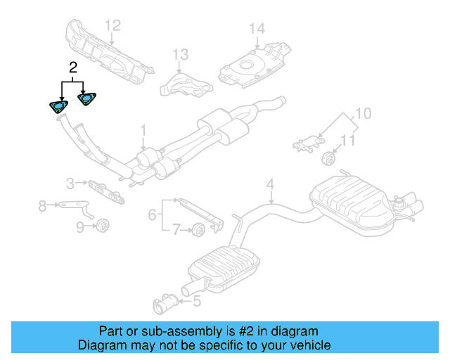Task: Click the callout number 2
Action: coord(72,68)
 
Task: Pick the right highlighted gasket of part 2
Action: coord(86,100)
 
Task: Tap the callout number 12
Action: coord(113,26)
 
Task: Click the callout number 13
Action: coord(181,54)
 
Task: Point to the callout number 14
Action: coord(257,29)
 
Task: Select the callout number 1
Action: coord(143,130)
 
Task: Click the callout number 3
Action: coord(70,184)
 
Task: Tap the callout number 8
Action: coord(42,206)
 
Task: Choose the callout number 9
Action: coord(79,226)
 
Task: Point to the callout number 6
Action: coord(152,214)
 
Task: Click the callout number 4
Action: coord(269,186)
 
